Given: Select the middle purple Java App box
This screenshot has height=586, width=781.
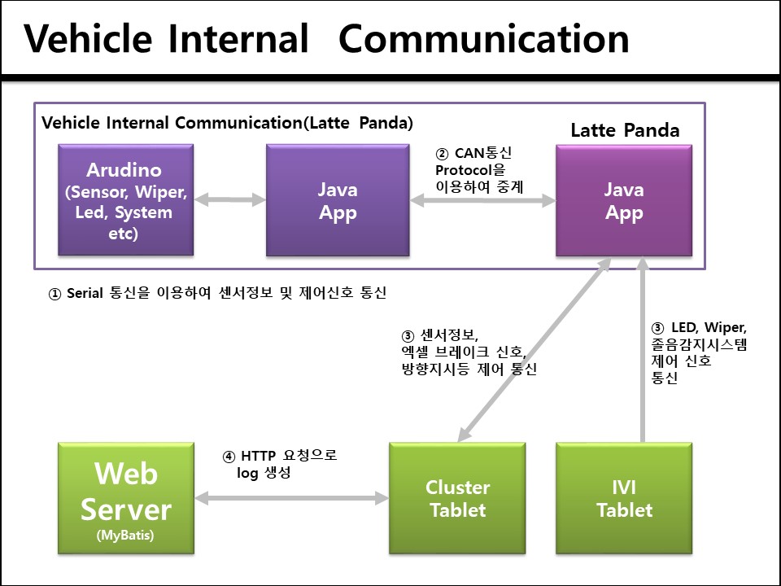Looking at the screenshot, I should tap(337, 200).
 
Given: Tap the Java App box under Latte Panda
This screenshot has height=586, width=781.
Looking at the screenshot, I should tap(624, 200).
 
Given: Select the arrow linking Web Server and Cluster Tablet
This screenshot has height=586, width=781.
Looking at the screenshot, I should tap(291, 497).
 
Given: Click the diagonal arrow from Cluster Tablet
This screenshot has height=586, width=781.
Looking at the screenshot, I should tap(534, 351).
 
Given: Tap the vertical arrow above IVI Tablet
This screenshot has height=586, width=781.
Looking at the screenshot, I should tap(643, 351).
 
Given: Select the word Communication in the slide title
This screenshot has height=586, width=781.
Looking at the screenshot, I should tap(483, 38).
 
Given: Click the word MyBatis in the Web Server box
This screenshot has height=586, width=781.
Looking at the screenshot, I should tap(126, 536).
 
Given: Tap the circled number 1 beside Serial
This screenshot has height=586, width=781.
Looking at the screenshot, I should tap(55, 295).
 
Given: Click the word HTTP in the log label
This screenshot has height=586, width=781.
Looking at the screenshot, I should tap(259, 457).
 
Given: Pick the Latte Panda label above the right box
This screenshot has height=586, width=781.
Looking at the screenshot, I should tap(624, 131).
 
